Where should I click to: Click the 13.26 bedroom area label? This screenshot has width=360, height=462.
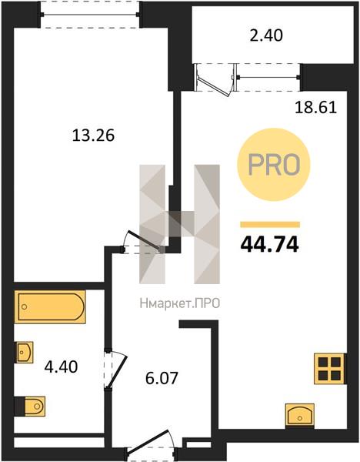93,136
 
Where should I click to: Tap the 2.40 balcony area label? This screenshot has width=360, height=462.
266,35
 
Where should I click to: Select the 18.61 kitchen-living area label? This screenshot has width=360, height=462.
316,108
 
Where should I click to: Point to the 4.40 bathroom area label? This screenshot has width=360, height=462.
61,367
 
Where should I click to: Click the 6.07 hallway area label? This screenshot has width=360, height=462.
162,378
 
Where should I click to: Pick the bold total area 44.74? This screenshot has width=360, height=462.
270,245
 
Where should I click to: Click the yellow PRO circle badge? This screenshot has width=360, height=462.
274,165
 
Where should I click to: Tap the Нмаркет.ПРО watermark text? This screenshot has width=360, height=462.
180,303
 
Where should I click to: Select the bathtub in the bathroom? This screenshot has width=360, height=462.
50,306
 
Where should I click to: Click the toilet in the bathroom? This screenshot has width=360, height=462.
30,407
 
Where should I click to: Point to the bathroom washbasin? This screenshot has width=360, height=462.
24,352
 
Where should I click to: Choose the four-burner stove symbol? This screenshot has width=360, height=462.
330,368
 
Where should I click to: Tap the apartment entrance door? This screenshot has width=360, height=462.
152,446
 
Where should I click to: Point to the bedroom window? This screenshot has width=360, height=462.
90,15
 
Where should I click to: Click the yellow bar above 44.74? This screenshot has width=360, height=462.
270,225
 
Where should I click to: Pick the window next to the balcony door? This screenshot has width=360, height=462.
268,78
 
